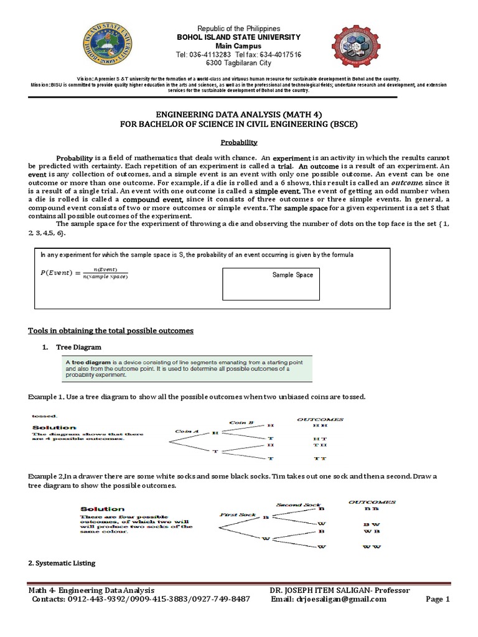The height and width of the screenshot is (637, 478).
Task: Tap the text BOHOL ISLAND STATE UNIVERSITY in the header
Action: (x=239, y=37)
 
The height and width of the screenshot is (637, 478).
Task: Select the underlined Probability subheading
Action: (x=239, y=142)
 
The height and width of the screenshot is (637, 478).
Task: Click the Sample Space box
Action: (x=271, y=284)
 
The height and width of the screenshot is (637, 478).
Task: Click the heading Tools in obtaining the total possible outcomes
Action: (x=111, y=330)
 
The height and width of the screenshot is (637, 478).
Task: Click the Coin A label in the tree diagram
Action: (x=186, y=430)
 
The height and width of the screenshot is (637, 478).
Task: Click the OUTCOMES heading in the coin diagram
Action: (x=320, y=419)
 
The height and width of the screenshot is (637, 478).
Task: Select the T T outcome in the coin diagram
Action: (x=321, y=458)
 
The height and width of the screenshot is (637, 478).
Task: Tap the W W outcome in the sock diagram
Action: (x=372, y=547)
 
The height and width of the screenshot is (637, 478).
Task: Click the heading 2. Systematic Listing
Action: (x=62, y=563)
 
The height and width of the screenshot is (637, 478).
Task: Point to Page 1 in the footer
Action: (x=437, y=599)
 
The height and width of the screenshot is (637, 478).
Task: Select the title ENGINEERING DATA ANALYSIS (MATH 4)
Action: (x=239, y=114)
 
